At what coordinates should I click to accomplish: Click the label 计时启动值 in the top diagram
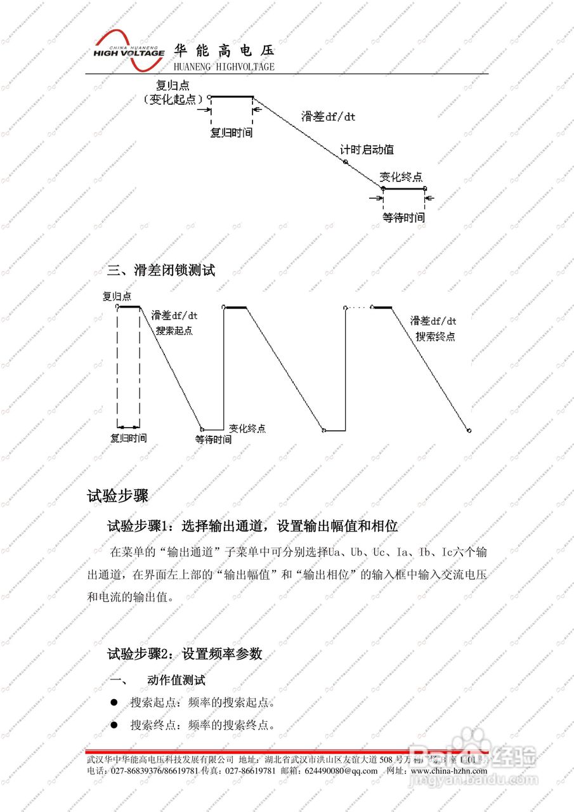tap(367, 150)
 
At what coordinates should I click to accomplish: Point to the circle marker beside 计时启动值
tap(346, 162)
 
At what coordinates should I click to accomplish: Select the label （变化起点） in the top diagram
tap(173, 99)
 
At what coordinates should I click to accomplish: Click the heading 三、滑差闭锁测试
tap(161, 270)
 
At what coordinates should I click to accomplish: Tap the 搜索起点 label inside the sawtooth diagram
tap(174, 331)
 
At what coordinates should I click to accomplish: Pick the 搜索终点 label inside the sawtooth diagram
tap(435, 337)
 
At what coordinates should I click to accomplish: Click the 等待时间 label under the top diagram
tap(403, 218)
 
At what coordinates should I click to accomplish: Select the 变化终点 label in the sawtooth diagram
tap(247, 428)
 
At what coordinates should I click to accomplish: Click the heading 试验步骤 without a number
tap(117, 495)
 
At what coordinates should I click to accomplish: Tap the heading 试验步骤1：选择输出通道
tap(252, 526)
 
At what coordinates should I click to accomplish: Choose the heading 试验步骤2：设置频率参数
tap(185, 653)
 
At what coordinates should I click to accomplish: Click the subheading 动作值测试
tap(176, 681)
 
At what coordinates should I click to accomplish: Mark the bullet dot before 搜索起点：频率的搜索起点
tap(114, 703)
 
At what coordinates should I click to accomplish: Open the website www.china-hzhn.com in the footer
tap(447, 771)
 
